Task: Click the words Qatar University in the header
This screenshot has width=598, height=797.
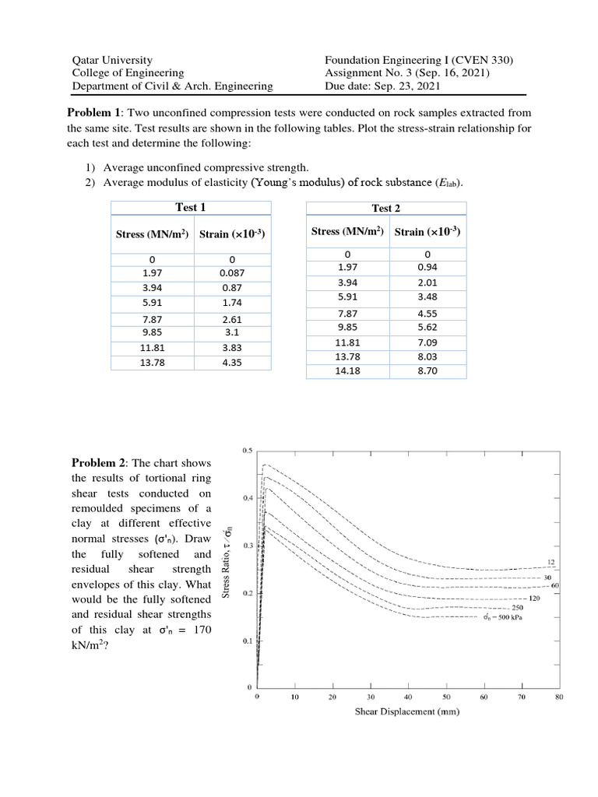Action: click(x=112, y=60)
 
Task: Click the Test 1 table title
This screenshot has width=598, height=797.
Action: click(x=191, y=207)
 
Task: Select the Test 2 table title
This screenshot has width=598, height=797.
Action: click(x=387, y=208)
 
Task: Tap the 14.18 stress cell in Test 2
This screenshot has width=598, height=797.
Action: click(x=347, y=371)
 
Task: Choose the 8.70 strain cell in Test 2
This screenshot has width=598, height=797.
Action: click(x=427, y=371)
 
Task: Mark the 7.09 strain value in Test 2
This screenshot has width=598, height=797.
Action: click(x=427, y=342)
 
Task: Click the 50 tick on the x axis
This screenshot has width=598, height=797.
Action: click(x=446, y=697)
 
